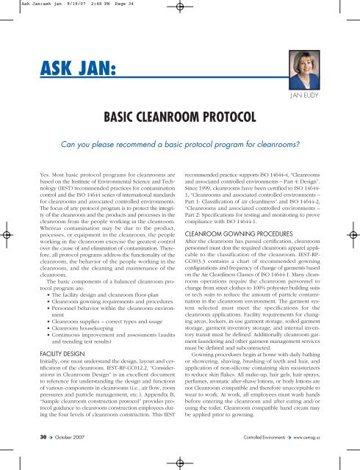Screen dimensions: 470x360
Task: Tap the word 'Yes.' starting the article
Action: (29, 176)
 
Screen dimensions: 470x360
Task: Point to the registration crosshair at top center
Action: (180, 10)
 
